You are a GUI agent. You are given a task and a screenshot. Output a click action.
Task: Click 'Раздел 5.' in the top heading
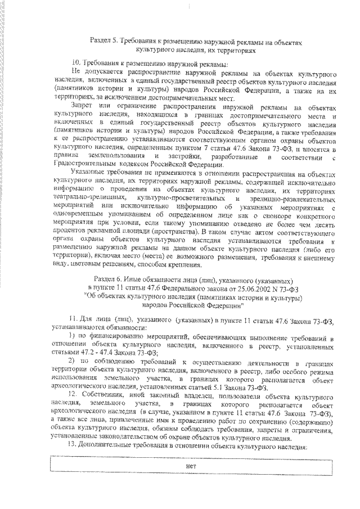coord(103,41)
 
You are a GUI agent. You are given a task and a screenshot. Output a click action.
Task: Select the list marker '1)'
coord(71,336)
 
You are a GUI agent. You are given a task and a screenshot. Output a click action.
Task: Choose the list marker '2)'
coord(71,361)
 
